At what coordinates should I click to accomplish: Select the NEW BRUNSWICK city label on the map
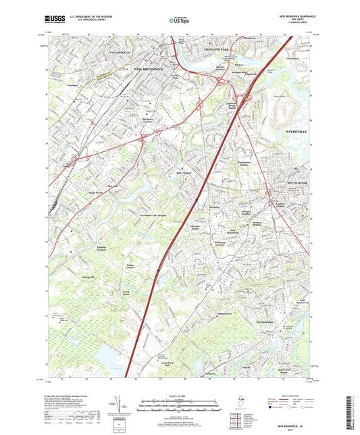[150, 70]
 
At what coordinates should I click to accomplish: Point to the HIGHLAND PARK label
[215, 50]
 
